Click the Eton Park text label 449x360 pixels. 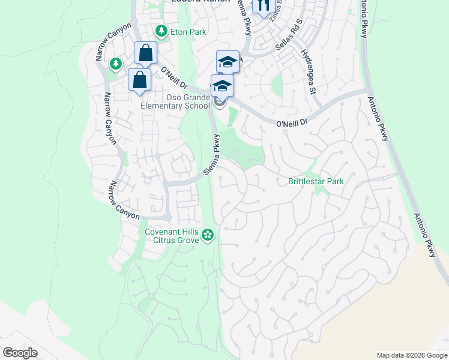tap(188, 31)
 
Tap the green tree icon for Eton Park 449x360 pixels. tap(161, 31)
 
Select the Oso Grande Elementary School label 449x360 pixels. tap(175, 101)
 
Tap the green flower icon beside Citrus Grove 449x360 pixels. tap(208, 235)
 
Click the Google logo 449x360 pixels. tap(20, 353)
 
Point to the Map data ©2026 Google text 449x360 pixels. tap(412, 355)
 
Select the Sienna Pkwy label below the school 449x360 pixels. tap(212, 154)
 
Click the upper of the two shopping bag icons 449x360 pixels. tap(145, 53)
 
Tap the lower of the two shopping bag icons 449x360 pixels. tap(139, 80)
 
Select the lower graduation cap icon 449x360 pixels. tap(221, 86)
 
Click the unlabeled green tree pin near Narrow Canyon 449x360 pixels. tap(115, 64)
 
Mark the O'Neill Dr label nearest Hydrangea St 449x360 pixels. tap(292, 122)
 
